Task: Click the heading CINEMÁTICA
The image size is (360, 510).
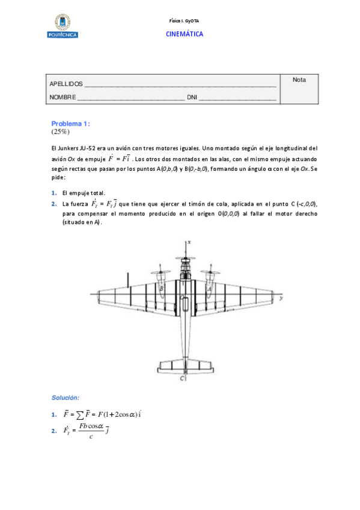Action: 185,34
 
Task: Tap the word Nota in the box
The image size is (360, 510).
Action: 299,79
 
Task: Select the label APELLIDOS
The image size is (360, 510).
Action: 66,84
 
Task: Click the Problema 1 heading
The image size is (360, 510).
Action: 70,123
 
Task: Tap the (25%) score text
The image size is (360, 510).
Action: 61,131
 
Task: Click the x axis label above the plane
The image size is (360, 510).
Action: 189,241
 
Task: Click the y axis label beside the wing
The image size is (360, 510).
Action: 282,298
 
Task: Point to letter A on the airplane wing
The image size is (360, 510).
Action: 209,289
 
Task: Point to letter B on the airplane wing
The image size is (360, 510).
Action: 162,289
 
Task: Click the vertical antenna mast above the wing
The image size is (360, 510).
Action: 127,280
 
